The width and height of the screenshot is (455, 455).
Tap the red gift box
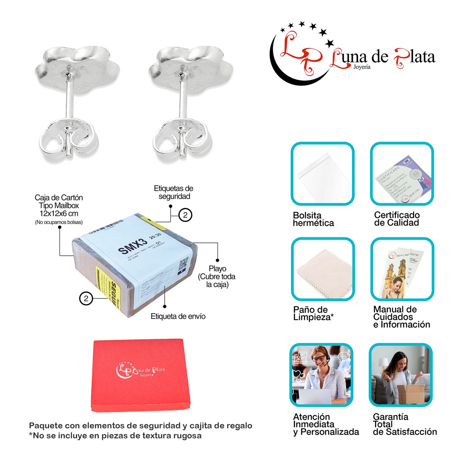tap(142, 375)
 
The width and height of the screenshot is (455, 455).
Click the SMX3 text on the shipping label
tap(133, 246)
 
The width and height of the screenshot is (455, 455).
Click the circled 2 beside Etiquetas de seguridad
tap(185, 215)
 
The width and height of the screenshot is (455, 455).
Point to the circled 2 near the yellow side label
tap(86, 298)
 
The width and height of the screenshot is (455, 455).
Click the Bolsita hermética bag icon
tap(323, 174)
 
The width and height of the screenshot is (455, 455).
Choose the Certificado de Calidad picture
tap(402, 174)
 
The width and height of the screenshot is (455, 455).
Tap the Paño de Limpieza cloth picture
tap(323, 269)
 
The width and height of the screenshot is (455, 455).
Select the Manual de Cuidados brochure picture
tap(402, 269)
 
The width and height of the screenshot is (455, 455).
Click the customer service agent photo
tap(321, 375)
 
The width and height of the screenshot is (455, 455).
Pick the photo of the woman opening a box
tap(401, 375)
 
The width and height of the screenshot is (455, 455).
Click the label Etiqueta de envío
tap(178, 316)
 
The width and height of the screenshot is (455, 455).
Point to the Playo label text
tap(217, 269)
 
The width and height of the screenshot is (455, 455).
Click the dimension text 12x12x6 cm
tap(59, 213)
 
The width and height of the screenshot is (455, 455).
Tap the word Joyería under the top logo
tap(362, 67)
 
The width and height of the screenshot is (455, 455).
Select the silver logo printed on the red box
tap(140, 370)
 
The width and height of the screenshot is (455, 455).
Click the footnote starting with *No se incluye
tap(115, 436)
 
